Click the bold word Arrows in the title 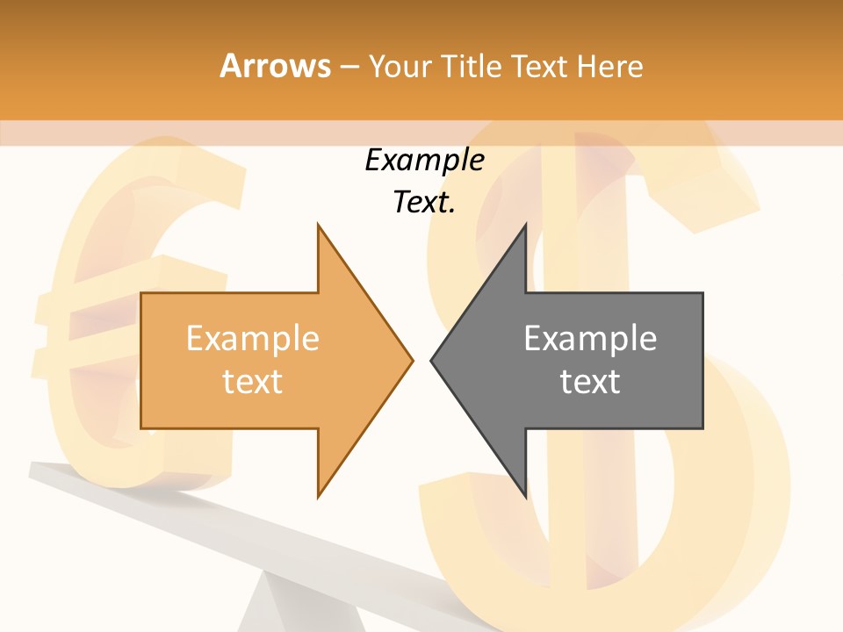point(275,67)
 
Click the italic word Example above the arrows point(424,160)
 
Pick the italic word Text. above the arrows point(424,202)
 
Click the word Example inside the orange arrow point(252,339)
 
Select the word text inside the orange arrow point(252,381)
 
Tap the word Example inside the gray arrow point(590,339)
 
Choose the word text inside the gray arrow point(590,381)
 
